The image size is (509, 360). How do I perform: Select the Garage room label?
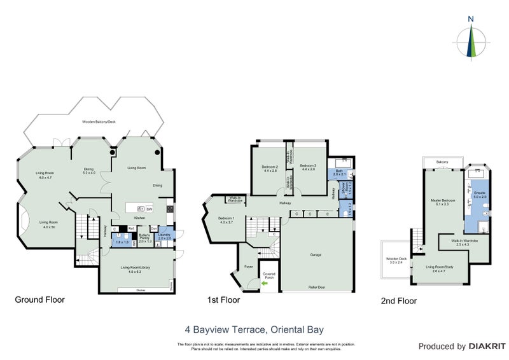[316, 254]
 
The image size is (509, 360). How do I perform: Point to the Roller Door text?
[316, 287]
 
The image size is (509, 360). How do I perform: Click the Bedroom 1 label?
[227, 220]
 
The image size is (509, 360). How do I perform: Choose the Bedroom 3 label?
[309, 169]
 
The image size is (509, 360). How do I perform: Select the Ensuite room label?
[480, 195]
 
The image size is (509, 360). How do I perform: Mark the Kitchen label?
[139, 218]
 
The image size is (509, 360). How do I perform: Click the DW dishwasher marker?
[149, 209]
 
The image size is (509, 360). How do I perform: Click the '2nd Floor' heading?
[400, 301]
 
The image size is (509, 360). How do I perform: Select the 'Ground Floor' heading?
[41, 300]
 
